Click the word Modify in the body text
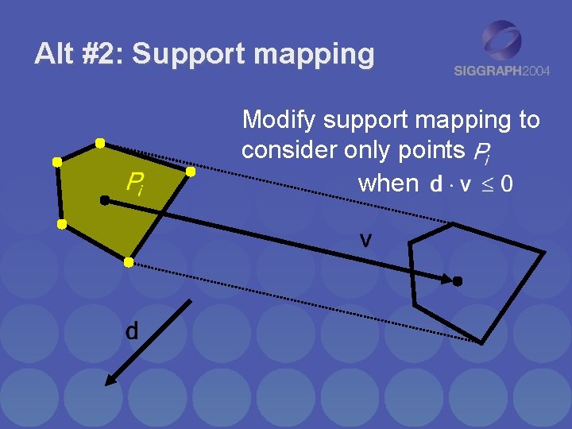[280, 121]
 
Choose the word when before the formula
[388, 184]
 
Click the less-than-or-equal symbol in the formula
[485, 184]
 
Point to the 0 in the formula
[506, 184]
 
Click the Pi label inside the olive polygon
[135, 185]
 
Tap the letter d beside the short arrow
[132, 330]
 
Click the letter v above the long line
[365, 238]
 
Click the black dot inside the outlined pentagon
[458, 281]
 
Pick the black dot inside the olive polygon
[105, 201]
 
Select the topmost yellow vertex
[100, 143]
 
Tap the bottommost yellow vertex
[129, 262]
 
